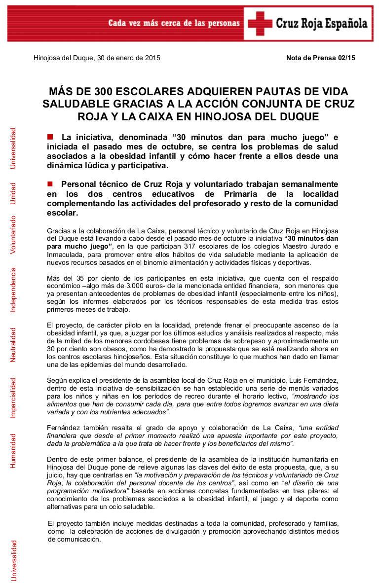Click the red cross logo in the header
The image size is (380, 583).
pyautogui.click(x=260, y=23)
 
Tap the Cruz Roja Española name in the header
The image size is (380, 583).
pyautogui.click(x=321, y=24)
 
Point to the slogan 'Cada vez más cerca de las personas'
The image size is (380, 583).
pyautogui.click(x=174, y=24)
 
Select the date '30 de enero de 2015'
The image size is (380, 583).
pyautogui.click(x=129, y=58)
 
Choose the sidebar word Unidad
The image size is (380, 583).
pyautogui.click(x=13, y=194)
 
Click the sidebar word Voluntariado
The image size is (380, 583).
pyautogui.click(x=13, y=235)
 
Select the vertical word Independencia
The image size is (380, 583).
pyautogui.click(x=13, y=290)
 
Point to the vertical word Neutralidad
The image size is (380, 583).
pyautogui.click(x=13, y=345)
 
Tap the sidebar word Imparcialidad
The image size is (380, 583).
pyautogui.click(x=13, y=398)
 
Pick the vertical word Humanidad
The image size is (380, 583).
pyautogui.click(x=13, y=451)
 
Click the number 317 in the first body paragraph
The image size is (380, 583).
pyautogui.click(x=197, y=246)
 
